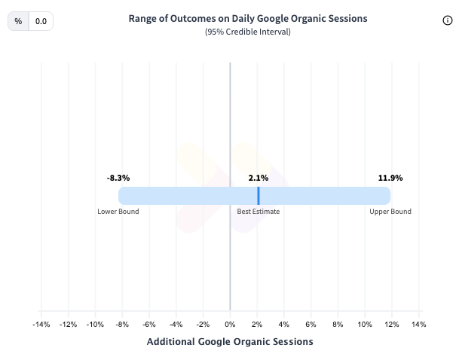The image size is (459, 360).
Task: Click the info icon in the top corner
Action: point(447,21)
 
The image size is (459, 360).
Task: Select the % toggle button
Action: point(18,22)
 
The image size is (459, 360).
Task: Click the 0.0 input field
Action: point(41,22)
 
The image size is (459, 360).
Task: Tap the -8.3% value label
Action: point(118,178)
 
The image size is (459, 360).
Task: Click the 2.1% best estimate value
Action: point(259,178)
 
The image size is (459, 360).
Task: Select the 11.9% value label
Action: point(390,178)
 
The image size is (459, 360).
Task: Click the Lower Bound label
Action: point(118,212)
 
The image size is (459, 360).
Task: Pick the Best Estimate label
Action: point(259,212)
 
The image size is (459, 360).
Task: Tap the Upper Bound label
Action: point(390,212)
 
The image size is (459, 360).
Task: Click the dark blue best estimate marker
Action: point(259,196)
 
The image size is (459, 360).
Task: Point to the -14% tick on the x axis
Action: point(41,325)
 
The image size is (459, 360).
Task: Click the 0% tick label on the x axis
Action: point(230,325)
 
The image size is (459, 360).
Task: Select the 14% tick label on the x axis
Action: point(418,325)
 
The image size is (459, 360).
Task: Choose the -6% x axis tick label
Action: point(148,325)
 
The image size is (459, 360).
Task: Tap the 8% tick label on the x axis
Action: point(338,325)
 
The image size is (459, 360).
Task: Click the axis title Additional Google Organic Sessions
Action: point(230,342)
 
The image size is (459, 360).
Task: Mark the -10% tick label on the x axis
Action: point(95,325)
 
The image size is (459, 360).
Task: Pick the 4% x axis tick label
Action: point(283,325)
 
